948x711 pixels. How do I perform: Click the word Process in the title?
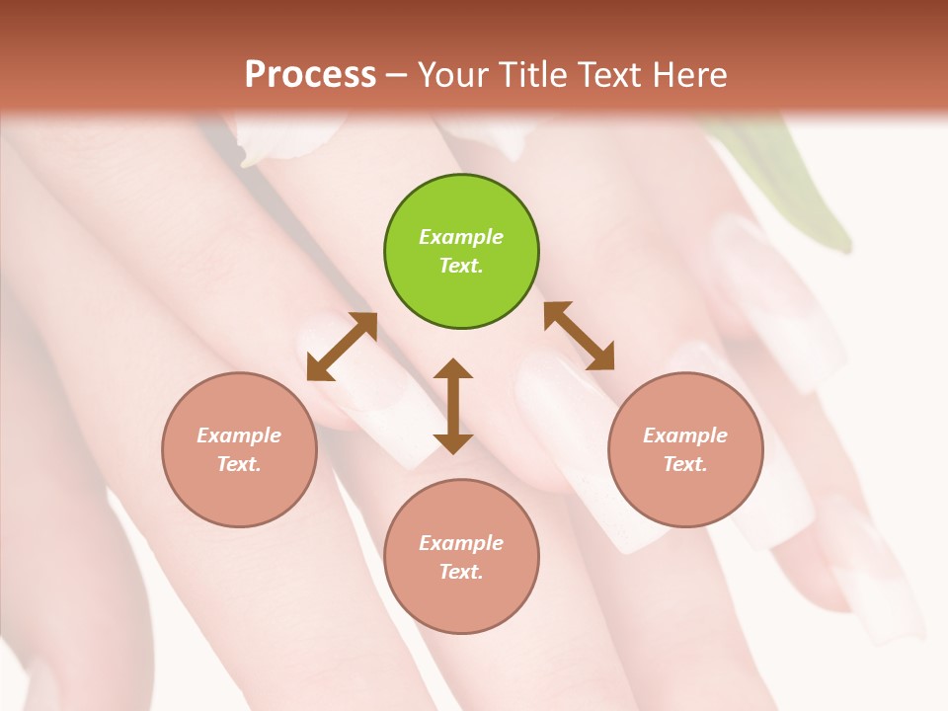point(310,75)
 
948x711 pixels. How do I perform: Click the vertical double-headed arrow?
point(453,406)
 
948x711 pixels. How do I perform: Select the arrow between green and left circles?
point(342,347)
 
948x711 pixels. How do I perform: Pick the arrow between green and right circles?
point(579,336)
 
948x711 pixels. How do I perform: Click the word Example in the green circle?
point(461,237)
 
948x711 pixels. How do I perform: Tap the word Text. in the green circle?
point(461,266)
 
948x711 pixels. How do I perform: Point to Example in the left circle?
point(239,435)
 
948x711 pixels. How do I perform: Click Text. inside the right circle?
point(685,464)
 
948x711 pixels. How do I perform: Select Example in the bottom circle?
point(461,543)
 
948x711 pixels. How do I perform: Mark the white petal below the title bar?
point(286,138)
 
